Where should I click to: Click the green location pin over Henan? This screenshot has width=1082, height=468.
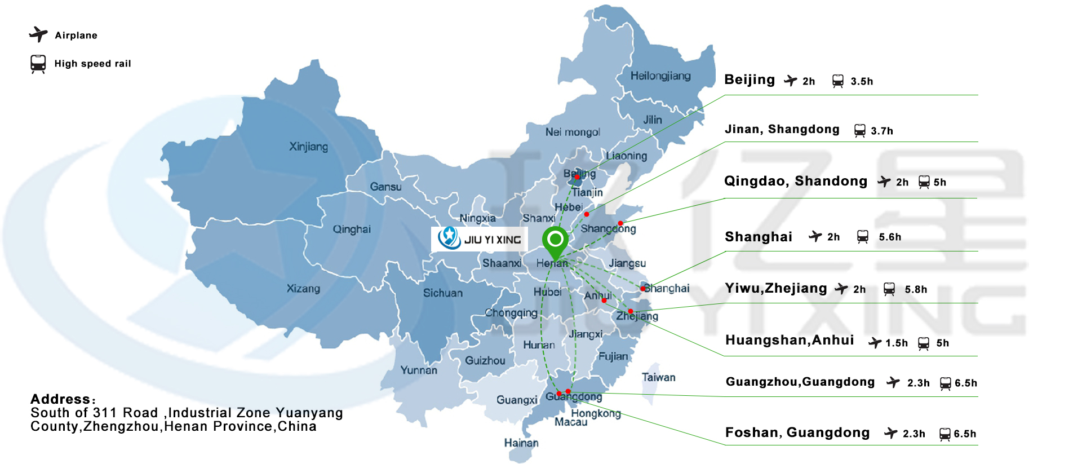[x=555, y=241]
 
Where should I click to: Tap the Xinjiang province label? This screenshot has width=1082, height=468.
[x=308, y=147]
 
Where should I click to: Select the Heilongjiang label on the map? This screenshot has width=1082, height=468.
[x=660, y=76]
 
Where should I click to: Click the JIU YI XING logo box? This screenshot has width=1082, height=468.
[x=480, y=239]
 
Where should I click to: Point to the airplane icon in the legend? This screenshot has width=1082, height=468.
[x=38, y=34]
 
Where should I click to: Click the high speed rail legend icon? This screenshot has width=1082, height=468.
[x=38, y=64]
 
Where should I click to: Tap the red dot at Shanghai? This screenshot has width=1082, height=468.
[x=642, y=289]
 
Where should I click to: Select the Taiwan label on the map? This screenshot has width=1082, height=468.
[x=658, y=377]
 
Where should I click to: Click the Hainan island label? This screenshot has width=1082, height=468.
[x=521, y=443]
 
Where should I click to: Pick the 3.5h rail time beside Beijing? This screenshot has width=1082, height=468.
[x=862, y=81]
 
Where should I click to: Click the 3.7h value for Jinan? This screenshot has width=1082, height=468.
[x=881, y=131]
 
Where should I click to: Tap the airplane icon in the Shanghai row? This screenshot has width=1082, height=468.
[x=815, y=236]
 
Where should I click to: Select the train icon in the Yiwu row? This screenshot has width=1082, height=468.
[x=889, y=289]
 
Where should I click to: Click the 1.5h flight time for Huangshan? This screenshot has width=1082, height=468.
[x=896, y=343]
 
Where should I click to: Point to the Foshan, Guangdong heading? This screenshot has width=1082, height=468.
[x=797, y=432]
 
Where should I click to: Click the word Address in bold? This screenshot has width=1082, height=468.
[x=60, y=399]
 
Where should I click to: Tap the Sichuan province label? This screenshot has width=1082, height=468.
[x=442, y=293]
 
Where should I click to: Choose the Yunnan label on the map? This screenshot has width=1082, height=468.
[x=418, y=370]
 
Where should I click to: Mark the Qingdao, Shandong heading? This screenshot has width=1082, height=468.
[x=795, y=181]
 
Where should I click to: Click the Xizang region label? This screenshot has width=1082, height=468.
[x=303, y=289]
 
